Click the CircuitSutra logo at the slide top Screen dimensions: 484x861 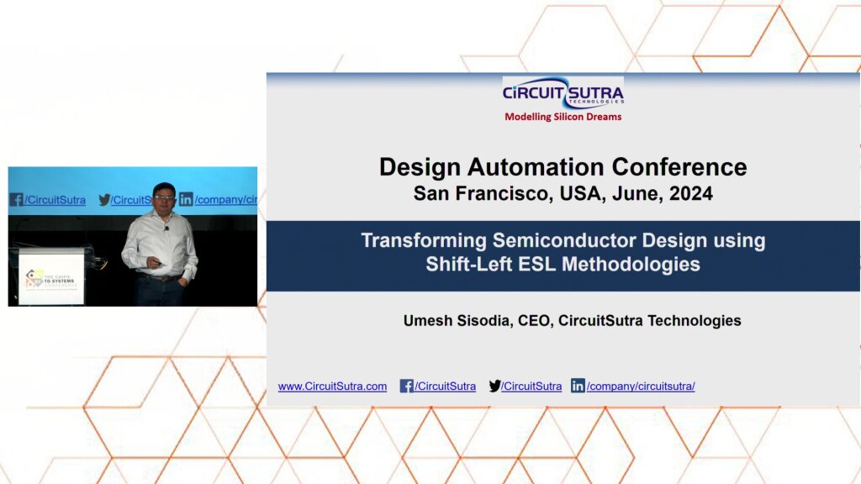(563, 93)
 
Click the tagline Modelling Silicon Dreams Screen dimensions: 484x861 (563, 117)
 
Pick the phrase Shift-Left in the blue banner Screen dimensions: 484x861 (468, 264)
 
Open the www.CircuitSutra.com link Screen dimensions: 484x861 (332, 387)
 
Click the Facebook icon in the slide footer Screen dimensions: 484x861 (406, 387)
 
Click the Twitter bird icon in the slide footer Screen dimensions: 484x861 (494, 387)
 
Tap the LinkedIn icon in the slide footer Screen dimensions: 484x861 (578, 387)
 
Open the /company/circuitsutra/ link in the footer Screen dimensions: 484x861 (641, 387)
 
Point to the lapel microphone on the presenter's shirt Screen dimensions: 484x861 (166, 228)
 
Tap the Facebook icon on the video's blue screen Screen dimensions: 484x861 (16, 200)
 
